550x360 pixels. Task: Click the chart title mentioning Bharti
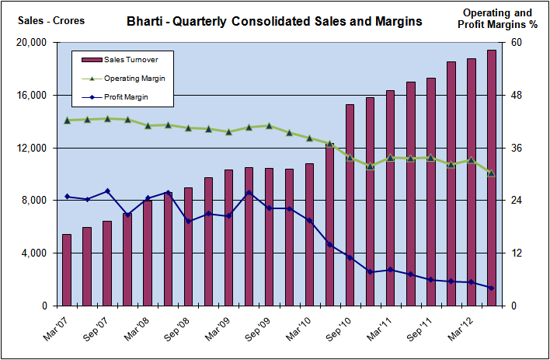(x=274, y=21)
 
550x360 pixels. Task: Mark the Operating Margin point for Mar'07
(x=67, y=120)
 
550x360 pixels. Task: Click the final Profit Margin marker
(x=491, y=288)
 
